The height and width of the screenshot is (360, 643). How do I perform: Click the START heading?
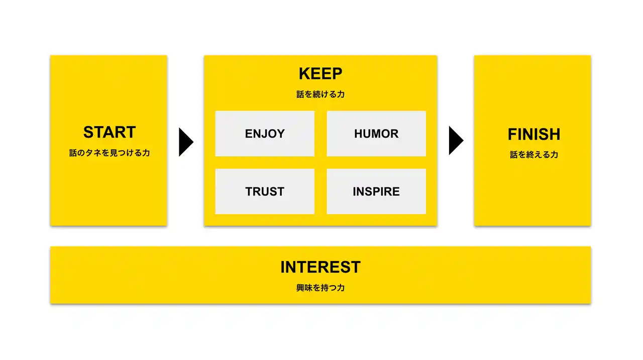[x=110, y=132]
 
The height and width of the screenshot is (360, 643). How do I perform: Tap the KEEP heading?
[x=320, y=74]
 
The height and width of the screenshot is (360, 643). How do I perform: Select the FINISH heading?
[x=534, y=134]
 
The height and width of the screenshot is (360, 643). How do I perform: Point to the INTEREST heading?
[x=320, y=267]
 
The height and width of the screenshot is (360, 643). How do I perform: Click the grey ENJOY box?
[x=265, y=134]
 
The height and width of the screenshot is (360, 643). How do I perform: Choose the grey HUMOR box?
[x=376, y=134]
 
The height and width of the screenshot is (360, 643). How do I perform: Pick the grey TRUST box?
[x=265, y=191]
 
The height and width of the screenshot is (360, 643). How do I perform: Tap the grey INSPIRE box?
[x=376, y=191]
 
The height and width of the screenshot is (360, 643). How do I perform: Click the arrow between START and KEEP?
[x=186, y=142]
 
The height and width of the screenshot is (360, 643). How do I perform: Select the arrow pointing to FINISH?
[x=456, y=140]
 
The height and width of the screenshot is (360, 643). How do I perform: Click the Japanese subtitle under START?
[x=110, y=153]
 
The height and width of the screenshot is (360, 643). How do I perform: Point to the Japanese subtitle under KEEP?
[x=320, y=94]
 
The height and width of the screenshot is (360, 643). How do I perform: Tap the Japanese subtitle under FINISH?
[x=534, y=155]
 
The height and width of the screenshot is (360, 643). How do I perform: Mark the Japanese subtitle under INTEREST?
[x=320, y=288]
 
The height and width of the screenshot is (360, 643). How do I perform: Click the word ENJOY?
[x=265, y=134]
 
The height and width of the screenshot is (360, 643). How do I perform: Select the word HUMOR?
[x=376, y=134]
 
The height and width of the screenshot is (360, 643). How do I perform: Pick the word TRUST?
[x=265, y=192]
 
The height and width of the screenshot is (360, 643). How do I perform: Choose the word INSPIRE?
[x=376, y=192]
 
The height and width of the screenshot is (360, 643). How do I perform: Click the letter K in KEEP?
[x=304, y=74]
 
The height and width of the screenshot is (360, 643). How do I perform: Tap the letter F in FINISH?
[x=513, y=134]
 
